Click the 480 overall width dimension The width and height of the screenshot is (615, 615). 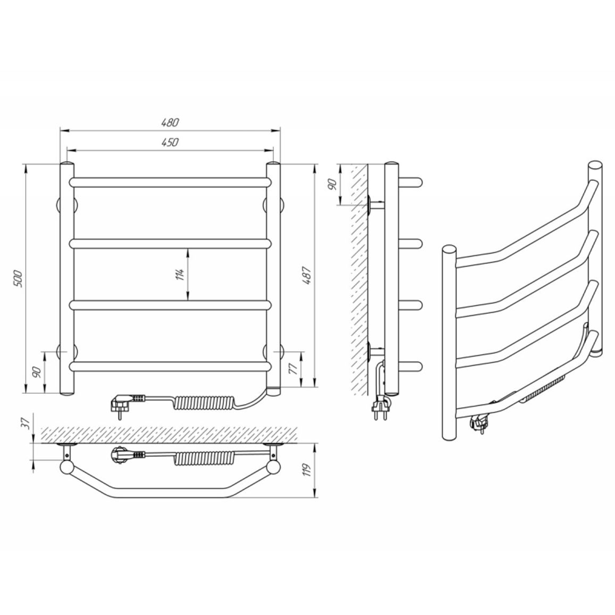click(170, 122)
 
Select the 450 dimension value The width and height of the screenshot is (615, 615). click(170, 142)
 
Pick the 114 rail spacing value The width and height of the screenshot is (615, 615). click(180, 275)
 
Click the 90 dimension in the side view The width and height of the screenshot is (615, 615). click(332, 185)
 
